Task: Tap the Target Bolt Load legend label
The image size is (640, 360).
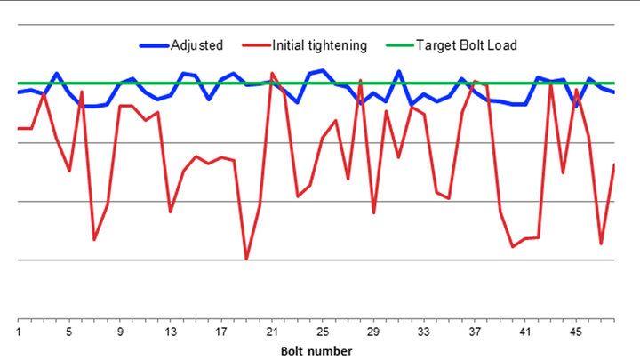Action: click(466, 45)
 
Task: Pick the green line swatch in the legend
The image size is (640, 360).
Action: click(397, 45)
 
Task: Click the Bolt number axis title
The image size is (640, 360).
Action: click(316, 350)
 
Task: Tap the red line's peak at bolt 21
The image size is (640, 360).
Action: click(272, 74)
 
